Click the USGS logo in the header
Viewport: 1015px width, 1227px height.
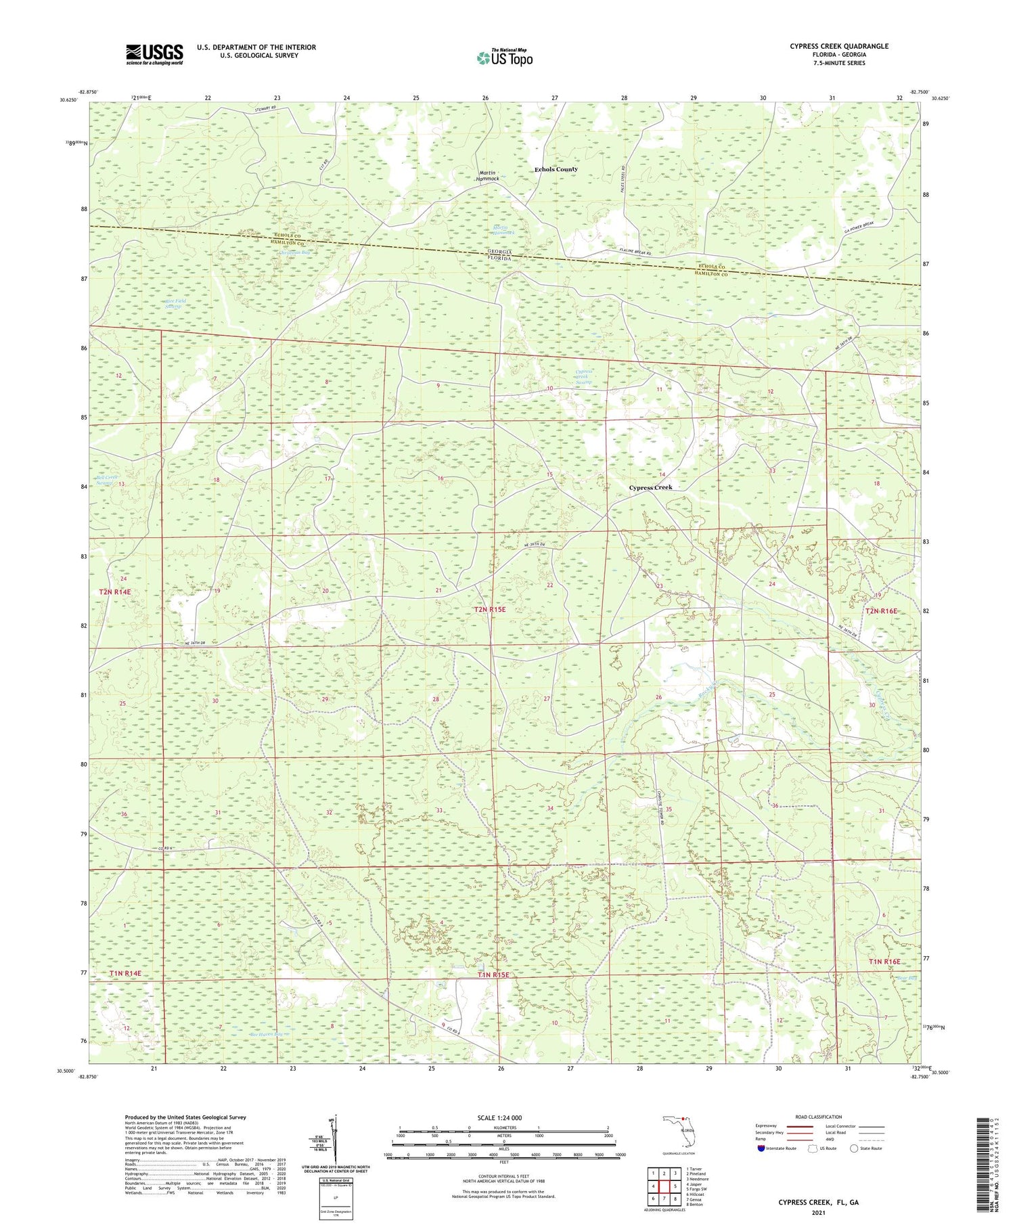tap(154, 54)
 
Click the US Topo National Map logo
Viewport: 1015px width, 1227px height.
tap(504, 58)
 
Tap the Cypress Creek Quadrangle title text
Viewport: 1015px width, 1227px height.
tap(838, 46)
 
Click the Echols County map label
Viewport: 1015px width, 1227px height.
tap(556, 169)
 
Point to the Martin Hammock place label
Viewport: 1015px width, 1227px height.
tap(487, 176)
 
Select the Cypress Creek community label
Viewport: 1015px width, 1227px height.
tap(650, 487)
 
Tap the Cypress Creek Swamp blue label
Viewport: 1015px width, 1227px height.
tap(583, 377)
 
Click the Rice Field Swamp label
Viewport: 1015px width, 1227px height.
tap(175, 304)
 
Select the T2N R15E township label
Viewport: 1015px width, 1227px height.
tap(489, 609)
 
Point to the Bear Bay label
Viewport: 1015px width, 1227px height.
tap(906, 978)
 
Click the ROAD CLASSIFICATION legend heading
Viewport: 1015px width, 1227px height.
tap(819, 1117)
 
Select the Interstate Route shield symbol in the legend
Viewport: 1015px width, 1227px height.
tap(761, 1148)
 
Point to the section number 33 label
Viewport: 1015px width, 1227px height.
tap(438, 810)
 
